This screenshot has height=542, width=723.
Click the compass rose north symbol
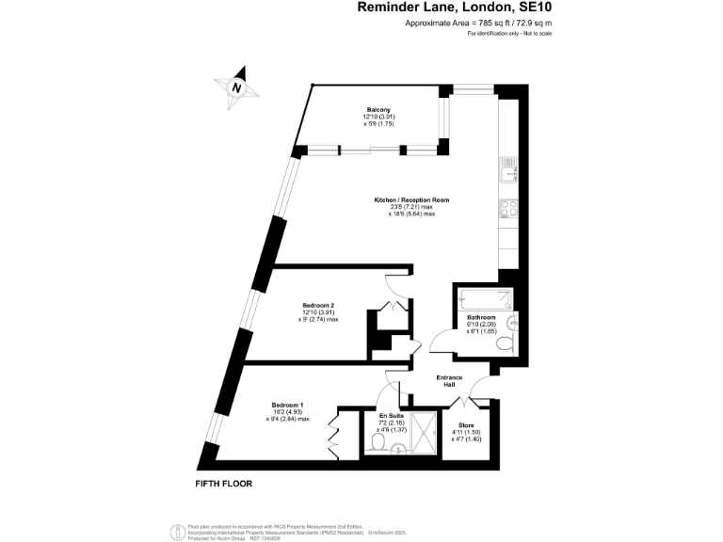[x=239, y=87]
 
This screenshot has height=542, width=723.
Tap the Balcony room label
[x=378, y=109]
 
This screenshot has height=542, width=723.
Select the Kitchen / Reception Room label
[x=411, y=199]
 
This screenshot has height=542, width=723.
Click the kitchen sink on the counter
[x=509, y=171]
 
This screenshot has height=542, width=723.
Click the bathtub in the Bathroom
[x=484, y=301]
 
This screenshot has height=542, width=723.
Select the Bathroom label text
[x=481, y=319]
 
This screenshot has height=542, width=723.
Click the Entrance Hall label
[x=449, y=380]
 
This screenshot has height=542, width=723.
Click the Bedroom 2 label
[x=318, y=305]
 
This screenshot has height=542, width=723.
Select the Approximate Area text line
[x=464, y=23]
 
